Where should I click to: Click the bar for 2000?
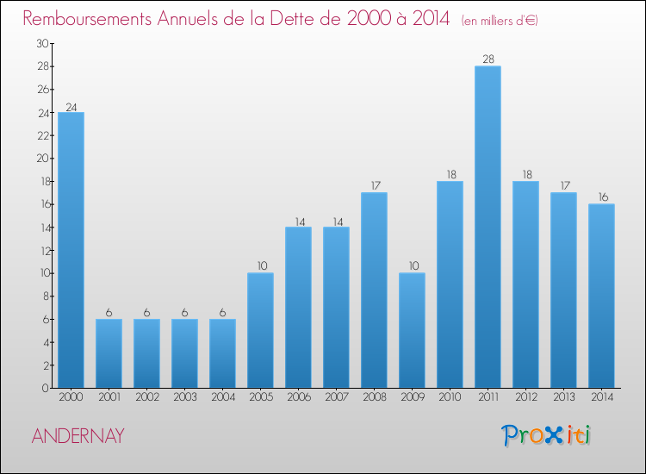[71, 250]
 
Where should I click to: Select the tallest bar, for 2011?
[488, 227]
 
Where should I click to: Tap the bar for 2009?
[412, 330]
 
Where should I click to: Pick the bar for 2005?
[260, 330]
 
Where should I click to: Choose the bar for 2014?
[601, 296]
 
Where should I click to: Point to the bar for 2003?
[184, 353]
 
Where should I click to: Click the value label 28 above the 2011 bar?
[488, 59]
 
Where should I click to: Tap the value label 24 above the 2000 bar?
[71, 108]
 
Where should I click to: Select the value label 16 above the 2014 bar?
[601, 197]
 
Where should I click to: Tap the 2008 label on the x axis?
[374, 398]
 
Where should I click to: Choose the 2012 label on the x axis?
[525, 398]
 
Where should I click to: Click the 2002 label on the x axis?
[146, 398]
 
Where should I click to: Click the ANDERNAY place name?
[78, 436]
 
